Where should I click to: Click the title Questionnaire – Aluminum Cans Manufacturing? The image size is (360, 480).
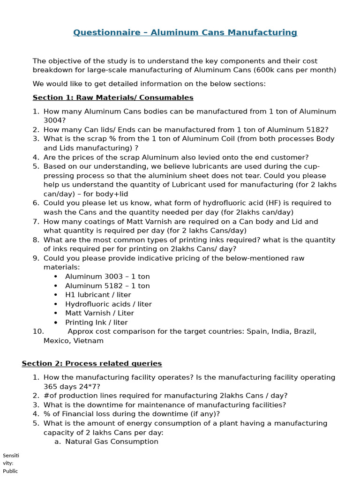click(x=185, y=32)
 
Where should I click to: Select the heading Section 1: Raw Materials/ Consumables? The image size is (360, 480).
click(x=113, y=97)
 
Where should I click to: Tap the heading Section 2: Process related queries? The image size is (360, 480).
click(x=92, y=363)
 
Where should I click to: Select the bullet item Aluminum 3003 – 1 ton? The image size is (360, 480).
click(x=107, y=277)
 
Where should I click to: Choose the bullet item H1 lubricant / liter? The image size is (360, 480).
click(x=98, y=295)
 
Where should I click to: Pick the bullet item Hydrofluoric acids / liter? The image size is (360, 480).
click(x=108, y=304)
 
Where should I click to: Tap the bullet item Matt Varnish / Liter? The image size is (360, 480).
click(x=99, y=313)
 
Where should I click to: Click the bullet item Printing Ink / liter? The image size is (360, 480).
click(x=96, y=322)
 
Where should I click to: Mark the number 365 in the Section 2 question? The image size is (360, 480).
click(x=51, y=387)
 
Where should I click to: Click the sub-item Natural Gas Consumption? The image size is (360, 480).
click(x=112, y=442)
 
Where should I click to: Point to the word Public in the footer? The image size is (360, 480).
click(x=10, y=471)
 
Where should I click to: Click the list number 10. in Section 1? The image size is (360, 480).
click(x=38, y=331)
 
